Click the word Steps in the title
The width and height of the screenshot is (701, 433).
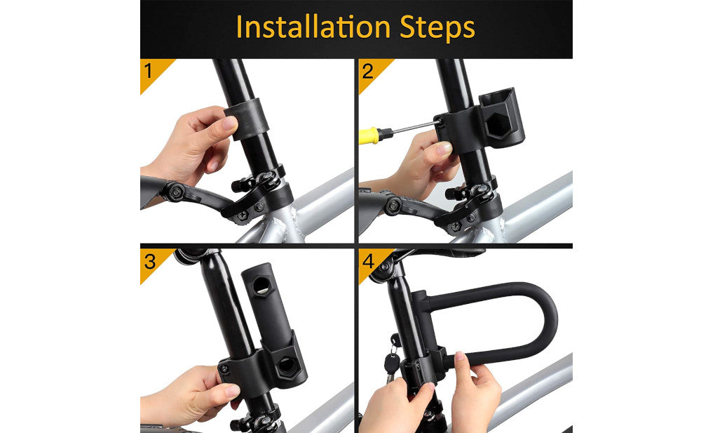(437, 29)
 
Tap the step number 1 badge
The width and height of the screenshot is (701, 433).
(151, 71)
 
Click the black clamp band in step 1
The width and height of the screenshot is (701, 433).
(246, 119)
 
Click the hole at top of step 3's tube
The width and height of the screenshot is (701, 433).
(261, 286)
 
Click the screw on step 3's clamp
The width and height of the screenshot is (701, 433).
(224, 369)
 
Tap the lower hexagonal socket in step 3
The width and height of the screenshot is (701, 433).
(286, 367)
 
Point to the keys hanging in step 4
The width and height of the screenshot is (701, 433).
(392, 358)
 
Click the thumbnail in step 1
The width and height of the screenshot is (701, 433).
(229, 123)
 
